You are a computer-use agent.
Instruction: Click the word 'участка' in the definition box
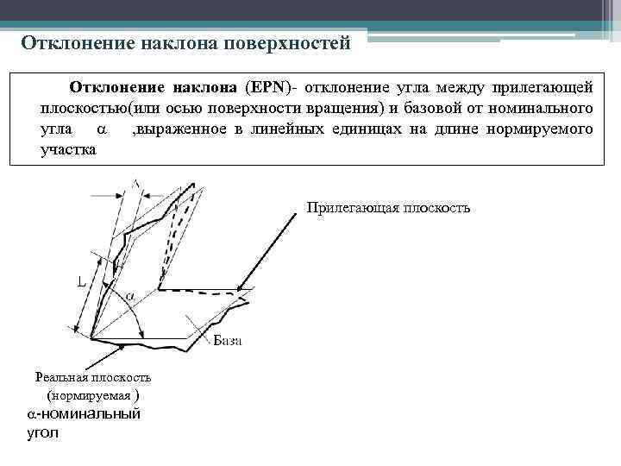(x=69, y=149)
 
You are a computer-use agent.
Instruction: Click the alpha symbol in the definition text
(x=100, y=129)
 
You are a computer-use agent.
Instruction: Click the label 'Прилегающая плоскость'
(x=388, y=208)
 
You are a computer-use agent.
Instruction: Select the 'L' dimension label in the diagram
(x=80, y=281)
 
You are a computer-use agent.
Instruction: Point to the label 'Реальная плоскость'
(x=92, y=377)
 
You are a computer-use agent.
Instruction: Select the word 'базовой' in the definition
(x=438, y=108)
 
